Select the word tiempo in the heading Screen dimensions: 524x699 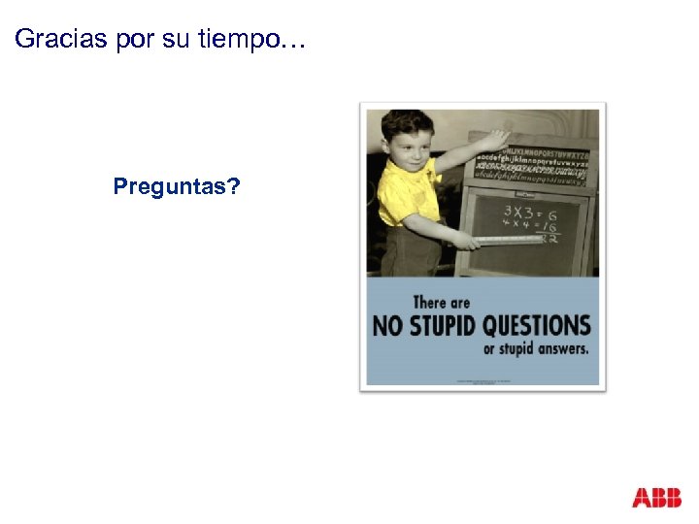coord(259,40)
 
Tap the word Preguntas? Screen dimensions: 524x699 coord(177,185)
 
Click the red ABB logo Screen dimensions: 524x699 coord(656,498)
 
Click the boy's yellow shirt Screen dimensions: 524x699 coord(408,188)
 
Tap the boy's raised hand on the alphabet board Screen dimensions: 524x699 coord(497,138)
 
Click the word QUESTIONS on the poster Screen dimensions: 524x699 coord(537,324)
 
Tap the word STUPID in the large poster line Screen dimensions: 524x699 coord(443,324)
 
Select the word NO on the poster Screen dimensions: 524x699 coord(387,324)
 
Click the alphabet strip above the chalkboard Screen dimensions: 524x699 coord(532,166)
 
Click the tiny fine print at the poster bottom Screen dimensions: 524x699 coord(483,381)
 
